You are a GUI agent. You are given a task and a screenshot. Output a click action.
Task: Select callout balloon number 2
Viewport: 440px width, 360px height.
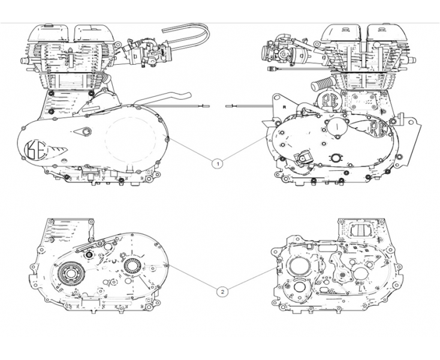point(222,292)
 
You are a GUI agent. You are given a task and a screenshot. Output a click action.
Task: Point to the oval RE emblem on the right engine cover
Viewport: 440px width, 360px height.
point(378,128)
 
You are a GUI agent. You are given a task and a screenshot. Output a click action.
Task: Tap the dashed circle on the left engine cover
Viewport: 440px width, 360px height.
point(129,139)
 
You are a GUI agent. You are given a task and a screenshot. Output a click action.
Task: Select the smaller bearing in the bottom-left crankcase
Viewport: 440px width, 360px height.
point(132,265)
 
